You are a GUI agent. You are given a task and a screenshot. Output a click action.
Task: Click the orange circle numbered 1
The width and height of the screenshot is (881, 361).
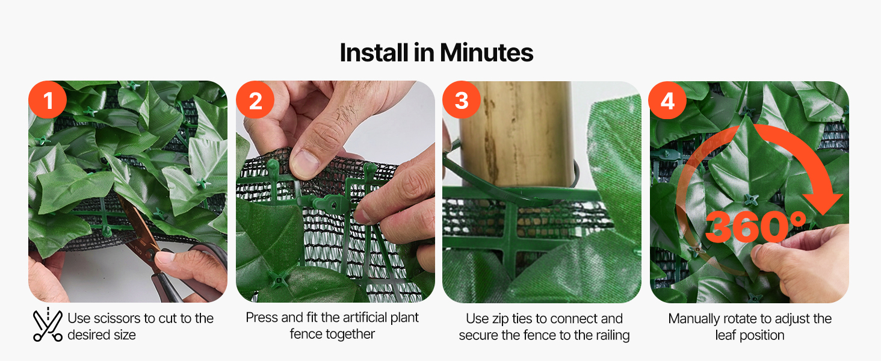(48, 100)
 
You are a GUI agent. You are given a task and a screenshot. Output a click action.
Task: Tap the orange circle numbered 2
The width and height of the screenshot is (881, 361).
(255, 100)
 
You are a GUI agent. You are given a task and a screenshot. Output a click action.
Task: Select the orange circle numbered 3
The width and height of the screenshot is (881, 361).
(462, 100)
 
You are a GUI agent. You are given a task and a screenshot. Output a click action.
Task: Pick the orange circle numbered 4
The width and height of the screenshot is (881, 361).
(667, 100)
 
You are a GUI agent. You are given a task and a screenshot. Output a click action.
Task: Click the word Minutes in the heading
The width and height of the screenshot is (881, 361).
(486, 53)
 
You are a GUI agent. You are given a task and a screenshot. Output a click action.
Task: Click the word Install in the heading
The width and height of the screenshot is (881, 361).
(374, 53)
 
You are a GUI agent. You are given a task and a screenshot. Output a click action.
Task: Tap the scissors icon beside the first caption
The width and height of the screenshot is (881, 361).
(48, 325)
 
